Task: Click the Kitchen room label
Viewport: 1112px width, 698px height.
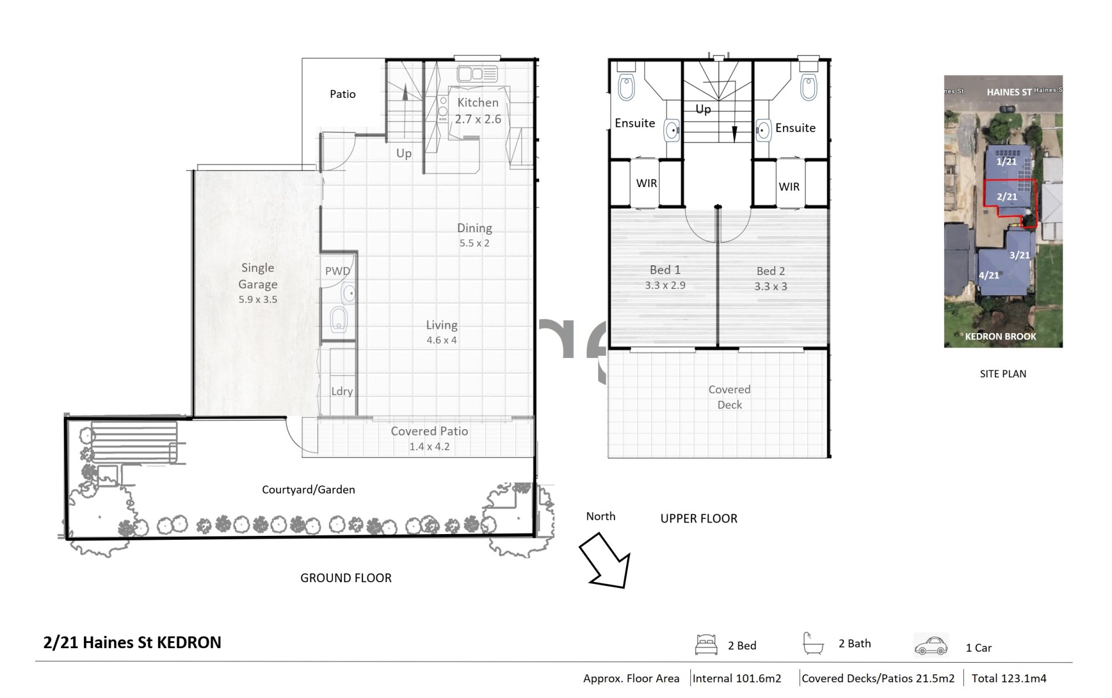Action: [478, 103]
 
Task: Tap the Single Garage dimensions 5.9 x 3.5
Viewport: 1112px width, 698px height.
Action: [258, 299]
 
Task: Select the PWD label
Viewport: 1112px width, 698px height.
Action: [337, 271]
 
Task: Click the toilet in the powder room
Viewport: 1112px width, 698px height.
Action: [338, 319]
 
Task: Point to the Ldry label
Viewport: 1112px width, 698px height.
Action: [342, 392]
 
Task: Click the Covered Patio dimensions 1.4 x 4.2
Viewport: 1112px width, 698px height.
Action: [429, 447]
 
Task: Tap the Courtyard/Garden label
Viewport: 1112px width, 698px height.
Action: [308, 489]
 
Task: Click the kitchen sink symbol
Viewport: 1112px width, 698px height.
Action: [477, 74]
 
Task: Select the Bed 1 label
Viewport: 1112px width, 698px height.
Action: [665, 270]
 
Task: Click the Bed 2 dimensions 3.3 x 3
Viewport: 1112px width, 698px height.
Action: [770, 286]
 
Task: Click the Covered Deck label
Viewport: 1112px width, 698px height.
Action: [729, 397]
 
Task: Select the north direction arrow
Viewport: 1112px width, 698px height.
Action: [605, 561]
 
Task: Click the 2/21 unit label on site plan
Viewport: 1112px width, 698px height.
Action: [1007, 197]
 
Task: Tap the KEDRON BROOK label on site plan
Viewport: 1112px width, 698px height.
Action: [1000, 337]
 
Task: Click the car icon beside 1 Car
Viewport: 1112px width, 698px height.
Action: [931, 646]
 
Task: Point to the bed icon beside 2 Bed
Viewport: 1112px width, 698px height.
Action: [706, 645]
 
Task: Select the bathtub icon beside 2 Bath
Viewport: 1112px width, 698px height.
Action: [813, 644]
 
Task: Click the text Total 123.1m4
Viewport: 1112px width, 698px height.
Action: [1009, 678]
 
